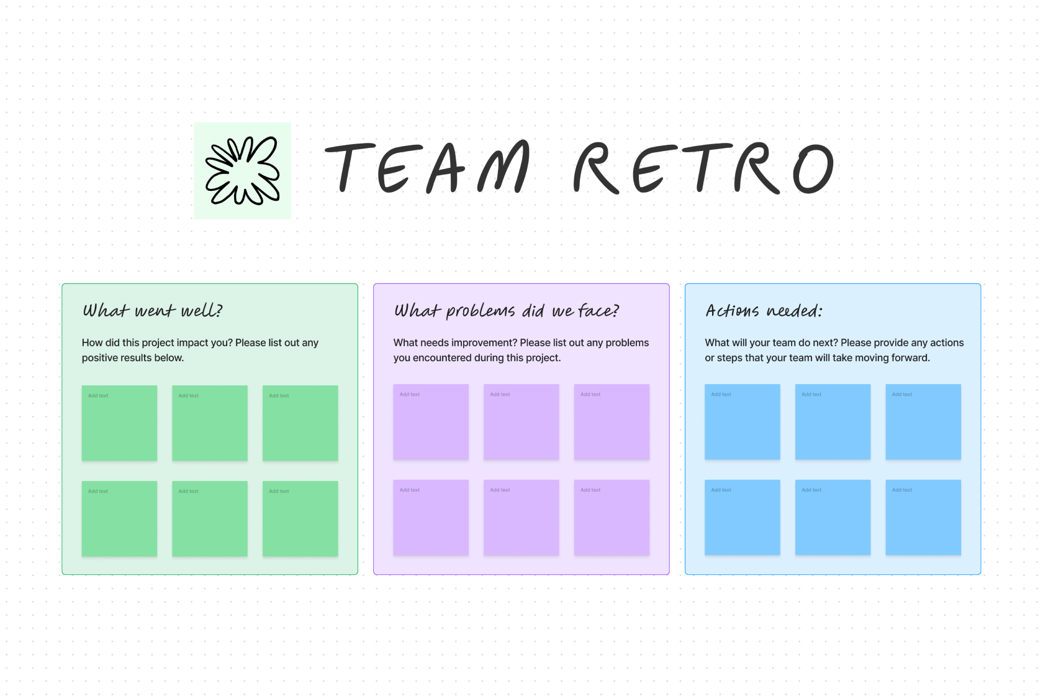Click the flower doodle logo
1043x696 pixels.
tap(242, 171)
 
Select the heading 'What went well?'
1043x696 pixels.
tap(153, 310)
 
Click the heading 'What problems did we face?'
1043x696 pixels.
tap(507, 310)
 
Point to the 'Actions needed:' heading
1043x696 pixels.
tap(764, 310)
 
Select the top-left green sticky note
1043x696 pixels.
tap(119, 423)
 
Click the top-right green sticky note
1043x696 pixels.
tap(300, 423)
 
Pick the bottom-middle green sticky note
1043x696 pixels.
tap(210, 519)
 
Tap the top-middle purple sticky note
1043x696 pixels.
tap(521, 422)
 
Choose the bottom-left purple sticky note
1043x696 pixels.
tap(431, 518)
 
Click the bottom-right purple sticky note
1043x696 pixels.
tap(612, 518)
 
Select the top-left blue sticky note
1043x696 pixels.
tap(743, 422)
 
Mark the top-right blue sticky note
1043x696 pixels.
tap(923, 422)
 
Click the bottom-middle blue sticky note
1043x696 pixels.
tap(833, 518)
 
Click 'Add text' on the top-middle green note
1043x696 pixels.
tap(189, 396)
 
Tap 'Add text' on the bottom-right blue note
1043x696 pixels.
tap(902, 490)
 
